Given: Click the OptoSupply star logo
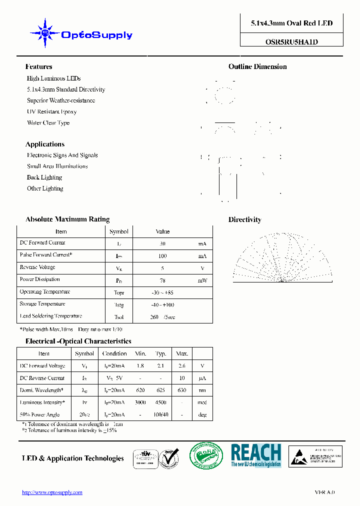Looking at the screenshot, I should (x=45, y=33).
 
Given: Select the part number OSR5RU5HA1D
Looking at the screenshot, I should (x=291, y=42).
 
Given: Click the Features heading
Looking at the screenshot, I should (x=38, y=66).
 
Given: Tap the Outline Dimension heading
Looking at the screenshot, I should (x=257, y=66).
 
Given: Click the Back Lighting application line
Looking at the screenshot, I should (x=44, y=177).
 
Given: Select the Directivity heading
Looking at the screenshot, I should (x=244, y=219).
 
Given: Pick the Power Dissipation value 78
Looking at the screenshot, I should (x=162, y=280).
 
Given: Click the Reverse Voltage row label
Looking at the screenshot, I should (x=37, y=267).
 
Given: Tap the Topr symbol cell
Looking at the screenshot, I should (x=119, y=292).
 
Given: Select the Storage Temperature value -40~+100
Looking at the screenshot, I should (x=162, y=305).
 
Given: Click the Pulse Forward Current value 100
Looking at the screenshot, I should (x=162, y=256).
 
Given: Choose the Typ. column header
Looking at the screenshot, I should (x=160, y=353).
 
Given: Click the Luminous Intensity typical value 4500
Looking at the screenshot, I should (x=160, y=402).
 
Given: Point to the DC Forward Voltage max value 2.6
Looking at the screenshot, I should (x=181, y=366).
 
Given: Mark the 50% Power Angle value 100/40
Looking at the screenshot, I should (x=160, y=414).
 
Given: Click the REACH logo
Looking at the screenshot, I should (x=255, y=455).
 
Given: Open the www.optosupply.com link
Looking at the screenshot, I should (x=52, y=492).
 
